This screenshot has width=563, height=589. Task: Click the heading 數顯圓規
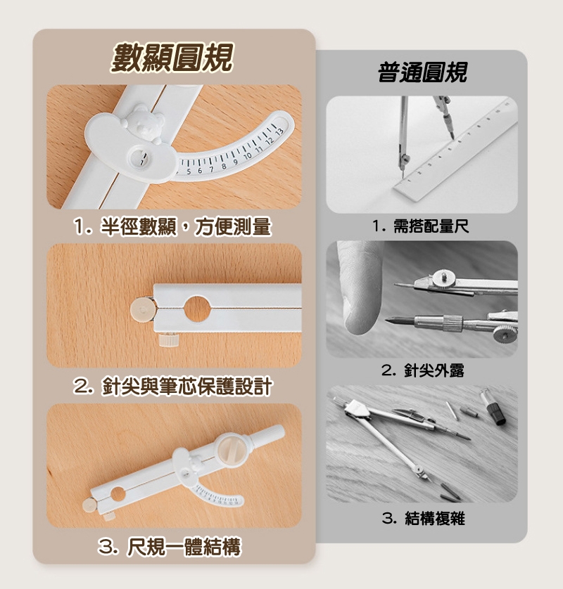point(172,58)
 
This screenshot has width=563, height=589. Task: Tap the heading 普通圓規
point(422,72)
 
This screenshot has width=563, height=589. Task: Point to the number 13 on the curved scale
point(279,131)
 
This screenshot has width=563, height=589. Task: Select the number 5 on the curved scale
point(189,171)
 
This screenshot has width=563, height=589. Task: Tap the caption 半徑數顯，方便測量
point(172,227)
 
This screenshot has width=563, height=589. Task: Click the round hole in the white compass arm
point(196,309)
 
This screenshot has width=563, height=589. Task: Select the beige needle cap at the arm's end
point(143,309)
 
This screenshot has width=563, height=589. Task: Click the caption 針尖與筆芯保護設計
point(172,387)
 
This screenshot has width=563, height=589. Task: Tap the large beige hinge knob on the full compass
point(231,448)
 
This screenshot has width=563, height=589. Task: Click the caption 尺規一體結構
point(170,547)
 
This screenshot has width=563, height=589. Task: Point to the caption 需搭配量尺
point(420,226)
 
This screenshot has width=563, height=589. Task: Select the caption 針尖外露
point(423,370)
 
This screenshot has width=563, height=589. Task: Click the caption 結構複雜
point(424,519)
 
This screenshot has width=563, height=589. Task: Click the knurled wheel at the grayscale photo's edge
point(505,334)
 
